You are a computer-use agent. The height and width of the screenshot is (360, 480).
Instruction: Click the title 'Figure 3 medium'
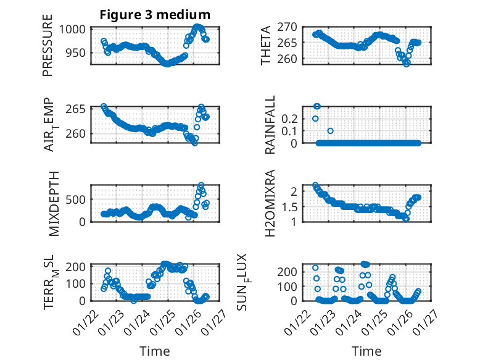(x=155, y=15)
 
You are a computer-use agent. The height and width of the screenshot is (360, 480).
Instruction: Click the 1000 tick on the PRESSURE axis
(x=76, y=29)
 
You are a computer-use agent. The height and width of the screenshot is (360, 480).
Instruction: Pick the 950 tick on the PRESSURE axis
(x=80, y=52)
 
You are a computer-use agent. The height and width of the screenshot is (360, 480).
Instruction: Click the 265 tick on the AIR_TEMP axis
(x=80, y=109)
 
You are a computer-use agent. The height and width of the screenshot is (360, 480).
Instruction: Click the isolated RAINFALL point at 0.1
(x=330, y=131)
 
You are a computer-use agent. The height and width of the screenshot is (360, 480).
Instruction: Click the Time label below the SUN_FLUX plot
(x=366, y=351)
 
